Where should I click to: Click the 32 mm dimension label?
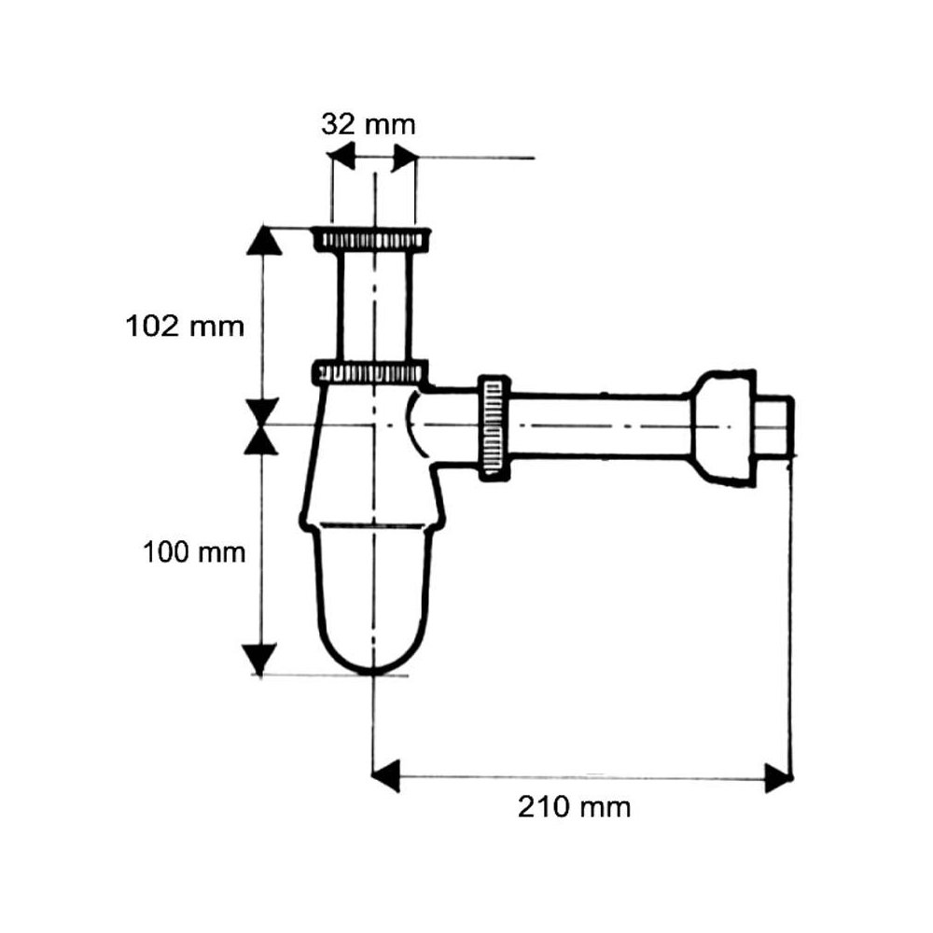(x=369, y=125)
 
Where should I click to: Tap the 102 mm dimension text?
(x=185, y=327)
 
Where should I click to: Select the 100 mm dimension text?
(x=194, y=552)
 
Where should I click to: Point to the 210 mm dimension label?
(x=574, y=807)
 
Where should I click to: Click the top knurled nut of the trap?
(x=371, y=239)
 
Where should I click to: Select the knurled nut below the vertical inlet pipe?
(x=369, y=372)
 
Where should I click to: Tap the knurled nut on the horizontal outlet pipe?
(x=494, y=425)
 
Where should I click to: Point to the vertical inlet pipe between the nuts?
(x=374, y=305)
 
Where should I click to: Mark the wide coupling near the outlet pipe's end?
(x=723, y=428)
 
